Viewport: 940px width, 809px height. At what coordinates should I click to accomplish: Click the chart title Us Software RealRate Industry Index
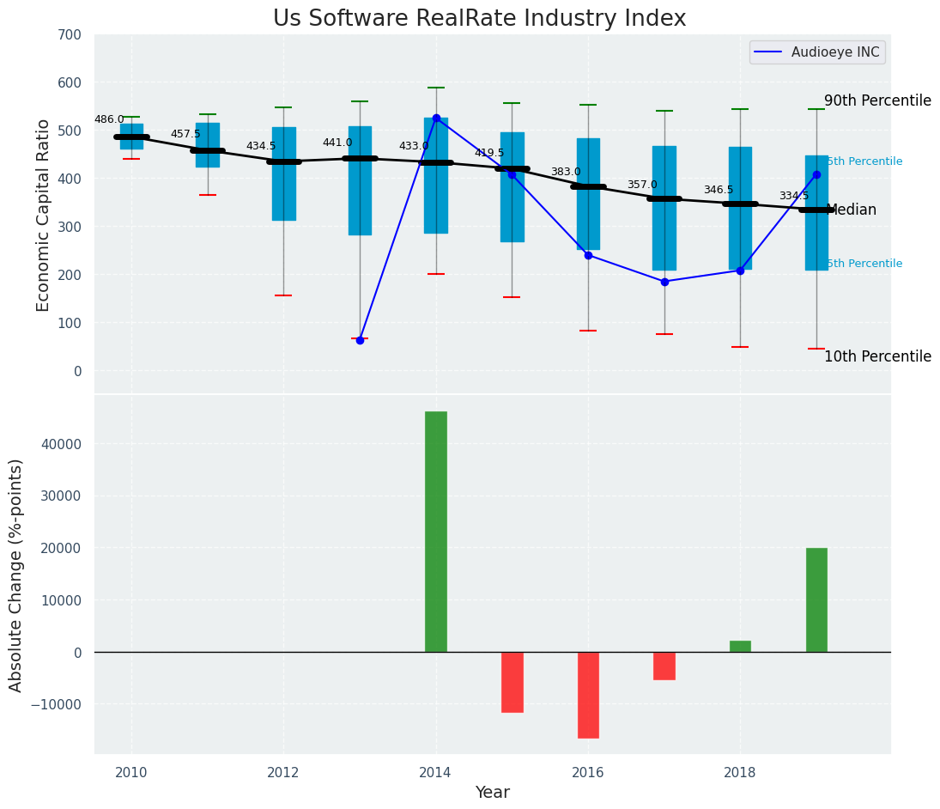(x=479, y=19)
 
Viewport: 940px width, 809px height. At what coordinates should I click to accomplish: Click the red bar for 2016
(x=588, y=695)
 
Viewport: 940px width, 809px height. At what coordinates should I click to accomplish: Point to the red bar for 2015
(x=512, y=682)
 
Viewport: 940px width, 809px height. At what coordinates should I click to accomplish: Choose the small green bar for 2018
(x=740, y=646)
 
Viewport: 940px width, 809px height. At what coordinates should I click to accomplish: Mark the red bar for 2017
(x=664, y=666)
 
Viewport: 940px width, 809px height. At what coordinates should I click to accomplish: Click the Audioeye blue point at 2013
(x=360, y=340)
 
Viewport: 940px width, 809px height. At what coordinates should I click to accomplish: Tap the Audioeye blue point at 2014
(x=436, y=118)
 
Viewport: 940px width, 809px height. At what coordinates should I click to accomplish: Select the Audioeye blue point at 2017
(x=664, y=282)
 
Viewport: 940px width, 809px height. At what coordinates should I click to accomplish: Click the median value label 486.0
(x=109, y=119)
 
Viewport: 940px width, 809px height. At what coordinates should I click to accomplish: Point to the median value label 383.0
(x=566, y=172)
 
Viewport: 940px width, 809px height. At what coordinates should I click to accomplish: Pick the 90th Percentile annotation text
(x=877, y=100)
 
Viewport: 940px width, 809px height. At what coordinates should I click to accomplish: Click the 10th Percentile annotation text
(x=877, y=356)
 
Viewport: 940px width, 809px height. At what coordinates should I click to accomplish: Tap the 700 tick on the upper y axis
(x=70, y=34)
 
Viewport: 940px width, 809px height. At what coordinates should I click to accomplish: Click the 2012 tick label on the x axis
(x=283, y=773)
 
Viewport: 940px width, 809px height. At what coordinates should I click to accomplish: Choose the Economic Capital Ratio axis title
(x=44, y=215)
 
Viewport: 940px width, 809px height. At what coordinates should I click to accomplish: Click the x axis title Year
(x=493, y=793)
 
